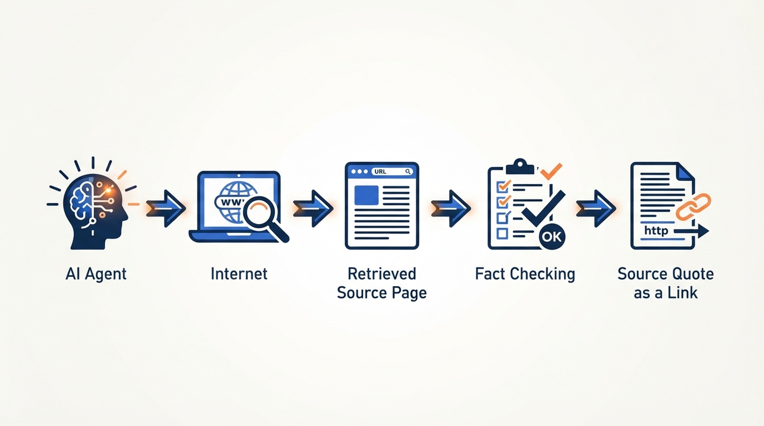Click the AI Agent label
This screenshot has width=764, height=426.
point(96,274)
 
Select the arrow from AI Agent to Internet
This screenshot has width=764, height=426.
point(166,208)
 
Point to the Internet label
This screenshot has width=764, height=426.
point(239,273)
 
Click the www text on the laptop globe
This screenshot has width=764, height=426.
point(231,202)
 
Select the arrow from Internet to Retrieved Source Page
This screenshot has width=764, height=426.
point(313,208)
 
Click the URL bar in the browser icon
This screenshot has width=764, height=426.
point(392,172)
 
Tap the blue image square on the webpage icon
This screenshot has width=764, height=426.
point(366,195)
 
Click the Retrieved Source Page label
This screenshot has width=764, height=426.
point(382,283)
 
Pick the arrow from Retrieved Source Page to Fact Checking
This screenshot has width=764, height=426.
point(451,208)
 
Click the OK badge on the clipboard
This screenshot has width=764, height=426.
point(552,236)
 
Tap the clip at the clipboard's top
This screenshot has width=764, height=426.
point(520,166)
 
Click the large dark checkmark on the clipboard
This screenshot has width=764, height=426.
point(543,209)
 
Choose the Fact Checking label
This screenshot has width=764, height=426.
point(525,274)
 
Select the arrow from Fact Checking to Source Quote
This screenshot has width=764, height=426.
point(596,208)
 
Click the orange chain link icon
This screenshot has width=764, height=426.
point(693,207)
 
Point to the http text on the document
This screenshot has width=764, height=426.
point(656,230)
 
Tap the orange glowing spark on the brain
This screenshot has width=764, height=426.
point(108,191)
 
